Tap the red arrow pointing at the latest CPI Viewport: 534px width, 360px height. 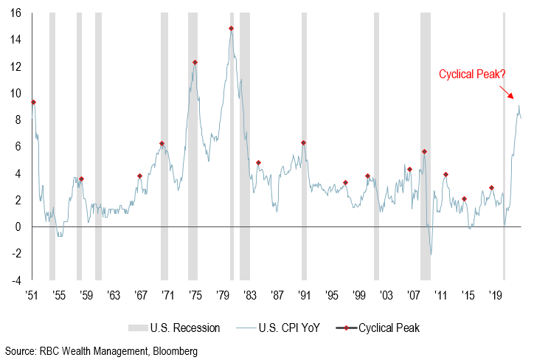[508, 92]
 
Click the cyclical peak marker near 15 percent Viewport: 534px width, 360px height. [231, 29]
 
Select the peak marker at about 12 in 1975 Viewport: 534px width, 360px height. [195, 63]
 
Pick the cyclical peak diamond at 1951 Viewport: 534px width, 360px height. [33, 102]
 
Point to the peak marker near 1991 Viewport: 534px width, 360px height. [303, 143]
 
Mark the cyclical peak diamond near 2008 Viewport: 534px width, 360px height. [424, 152]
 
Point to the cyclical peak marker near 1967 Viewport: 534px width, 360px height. [139, 176]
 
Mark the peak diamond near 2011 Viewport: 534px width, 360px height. [445, 175]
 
